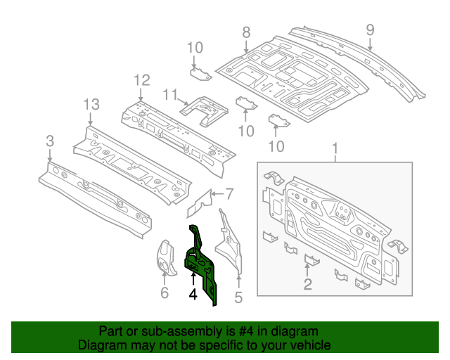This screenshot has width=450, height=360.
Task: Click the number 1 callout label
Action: point(335,149)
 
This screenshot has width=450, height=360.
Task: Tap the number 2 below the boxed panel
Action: point(307,284)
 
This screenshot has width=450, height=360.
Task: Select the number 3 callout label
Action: point(49,142)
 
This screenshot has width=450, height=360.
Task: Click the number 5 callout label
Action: point(238,297)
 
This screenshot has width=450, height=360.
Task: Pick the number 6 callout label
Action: point(165,292)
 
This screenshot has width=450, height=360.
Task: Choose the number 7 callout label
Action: point(229,193)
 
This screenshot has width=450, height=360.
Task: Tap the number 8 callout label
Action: point(246,32)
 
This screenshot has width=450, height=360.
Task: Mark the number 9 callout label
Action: point(370,30)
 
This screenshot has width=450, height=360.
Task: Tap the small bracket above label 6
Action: point(165,257)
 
